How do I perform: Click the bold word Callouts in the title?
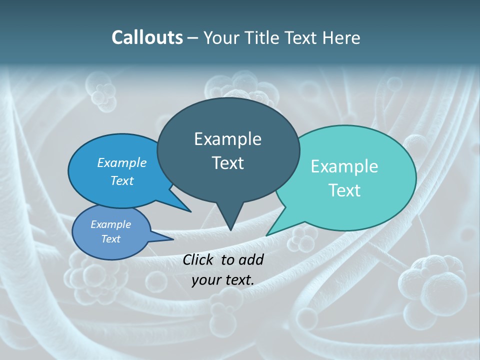tap(147, 37)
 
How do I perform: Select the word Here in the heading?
tap(341, 37)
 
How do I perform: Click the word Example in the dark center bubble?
tap(227, 139)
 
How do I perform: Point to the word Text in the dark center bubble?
tap(227, 163)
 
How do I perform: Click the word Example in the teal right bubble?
tap(344, 166)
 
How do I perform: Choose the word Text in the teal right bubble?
tap(344, 190)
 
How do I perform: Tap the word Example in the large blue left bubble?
tap(122, 162)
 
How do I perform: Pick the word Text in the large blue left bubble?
tap(122, 180)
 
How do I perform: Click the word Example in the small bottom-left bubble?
tap(111, 224)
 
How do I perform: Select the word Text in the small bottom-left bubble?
tap(111, 239)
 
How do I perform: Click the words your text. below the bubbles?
tap(222, 280)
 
